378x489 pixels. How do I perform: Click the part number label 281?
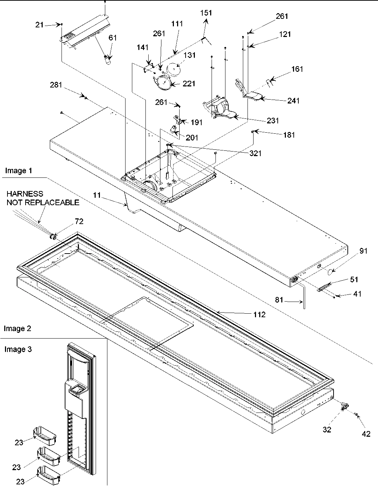(56, 85)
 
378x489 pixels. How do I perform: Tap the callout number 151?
(206, 13)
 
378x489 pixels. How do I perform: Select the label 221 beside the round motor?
(189, 84)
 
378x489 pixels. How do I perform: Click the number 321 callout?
(255, 153)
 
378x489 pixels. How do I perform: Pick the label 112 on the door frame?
(259, 314)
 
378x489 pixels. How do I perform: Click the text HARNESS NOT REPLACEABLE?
(43, 198)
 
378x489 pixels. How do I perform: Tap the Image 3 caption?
(18, 350)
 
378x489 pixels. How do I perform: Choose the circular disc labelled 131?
(173, 69)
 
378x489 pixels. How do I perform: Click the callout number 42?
(366, 434)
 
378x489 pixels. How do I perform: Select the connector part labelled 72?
(54, 236)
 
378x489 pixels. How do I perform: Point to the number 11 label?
(97, 195)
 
